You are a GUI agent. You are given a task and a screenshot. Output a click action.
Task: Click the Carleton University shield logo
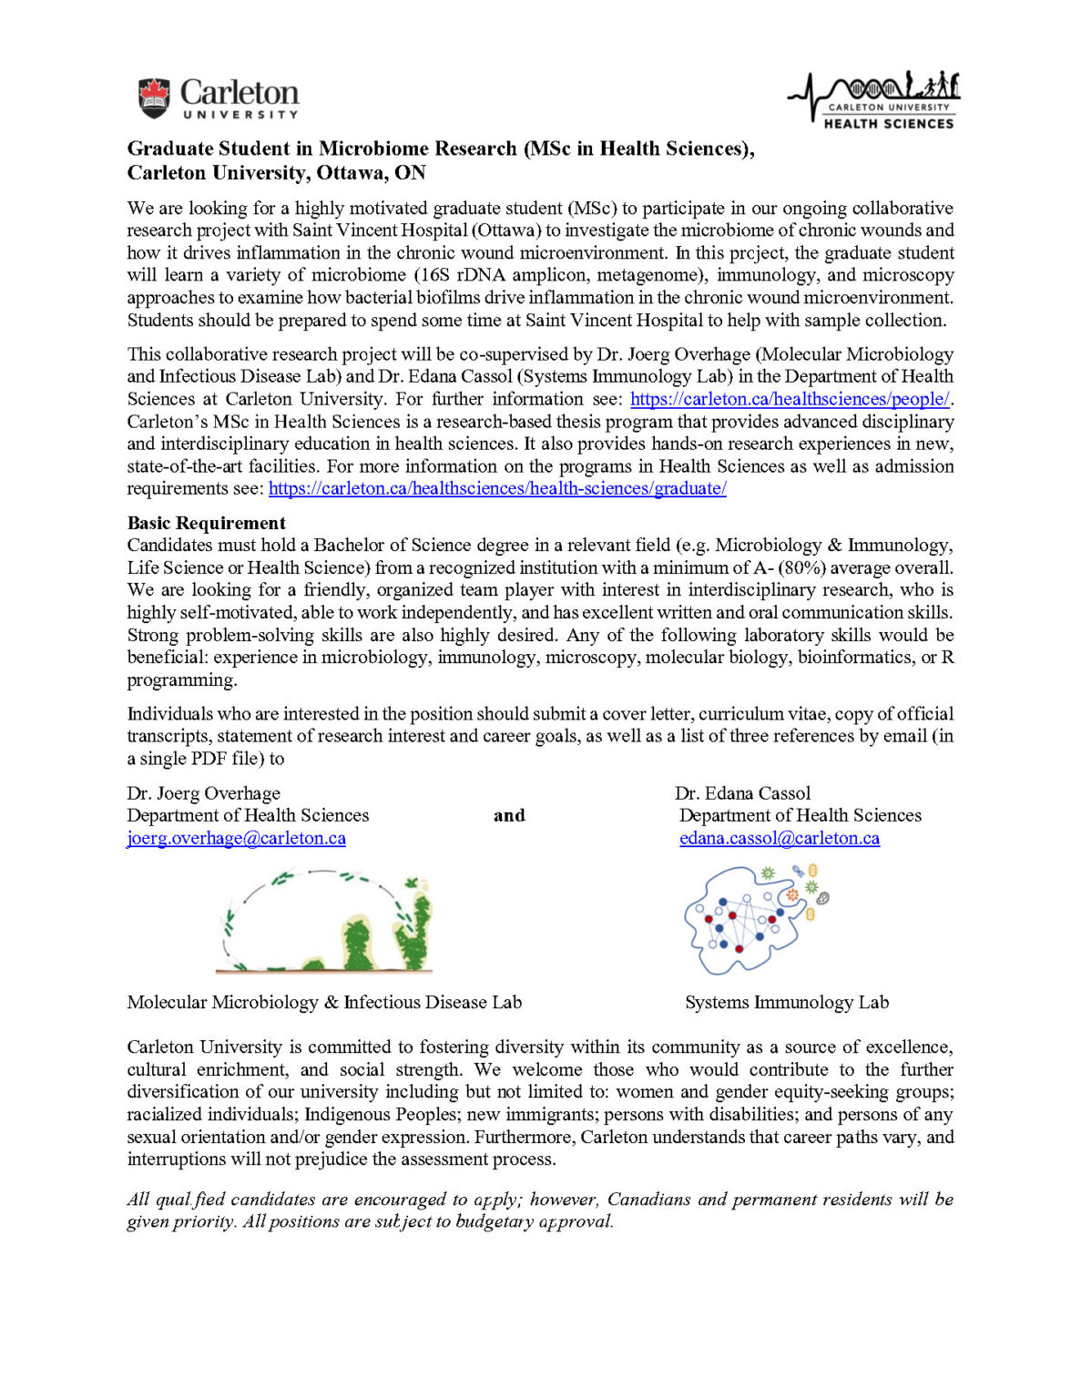tap(154, 98)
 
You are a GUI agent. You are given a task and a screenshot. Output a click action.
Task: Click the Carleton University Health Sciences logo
tap(874, 98)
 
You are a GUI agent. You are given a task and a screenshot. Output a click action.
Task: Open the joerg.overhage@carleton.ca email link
tap(236, 838)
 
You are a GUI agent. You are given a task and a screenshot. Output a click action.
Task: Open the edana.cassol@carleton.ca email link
tap(780, 838)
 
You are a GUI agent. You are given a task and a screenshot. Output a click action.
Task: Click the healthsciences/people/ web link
tap(790, 399)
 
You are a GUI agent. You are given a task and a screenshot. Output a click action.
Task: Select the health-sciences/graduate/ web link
tap(497, 488)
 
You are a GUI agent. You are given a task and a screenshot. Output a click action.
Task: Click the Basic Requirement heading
tap(206, 523)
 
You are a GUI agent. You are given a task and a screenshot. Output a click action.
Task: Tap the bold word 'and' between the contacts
tap(509, 815)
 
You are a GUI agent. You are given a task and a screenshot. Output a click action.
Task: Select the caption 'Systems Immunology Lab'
tap(787, 1002)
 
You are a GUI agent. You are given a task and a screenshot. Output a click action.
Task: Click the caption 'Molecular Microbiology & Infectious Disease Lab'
tap(324, 1002)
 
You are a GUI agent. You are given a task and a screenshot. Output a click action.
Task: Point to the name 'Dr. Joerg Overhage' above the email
tap(203, 793)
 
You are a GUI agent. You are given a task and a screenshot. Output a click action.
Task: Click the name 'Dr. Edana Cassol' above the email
tap(742, 793)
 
